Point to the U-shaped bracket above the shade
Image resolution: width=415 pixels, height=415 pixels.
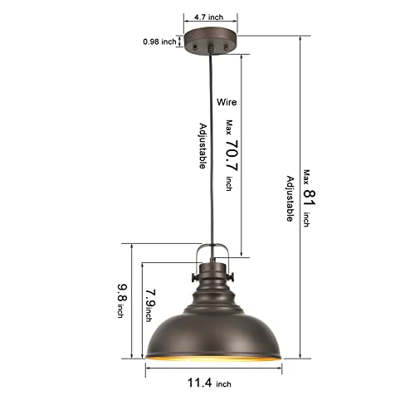[x=212, y=253]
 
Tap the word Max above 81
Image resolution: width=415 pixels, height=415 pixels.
[x=305, y=176]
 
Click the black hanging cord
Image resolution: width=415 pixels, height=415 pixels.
[x=214, y=149]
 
